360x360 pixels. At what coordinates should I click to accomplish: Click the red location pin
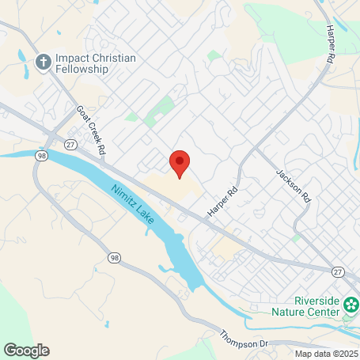coord(180,163)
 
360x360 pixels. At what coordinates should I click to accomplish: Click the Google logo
coord(27,350)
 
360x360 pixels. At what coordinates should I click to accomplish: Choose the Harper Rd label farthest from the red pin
coord(329,43)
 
